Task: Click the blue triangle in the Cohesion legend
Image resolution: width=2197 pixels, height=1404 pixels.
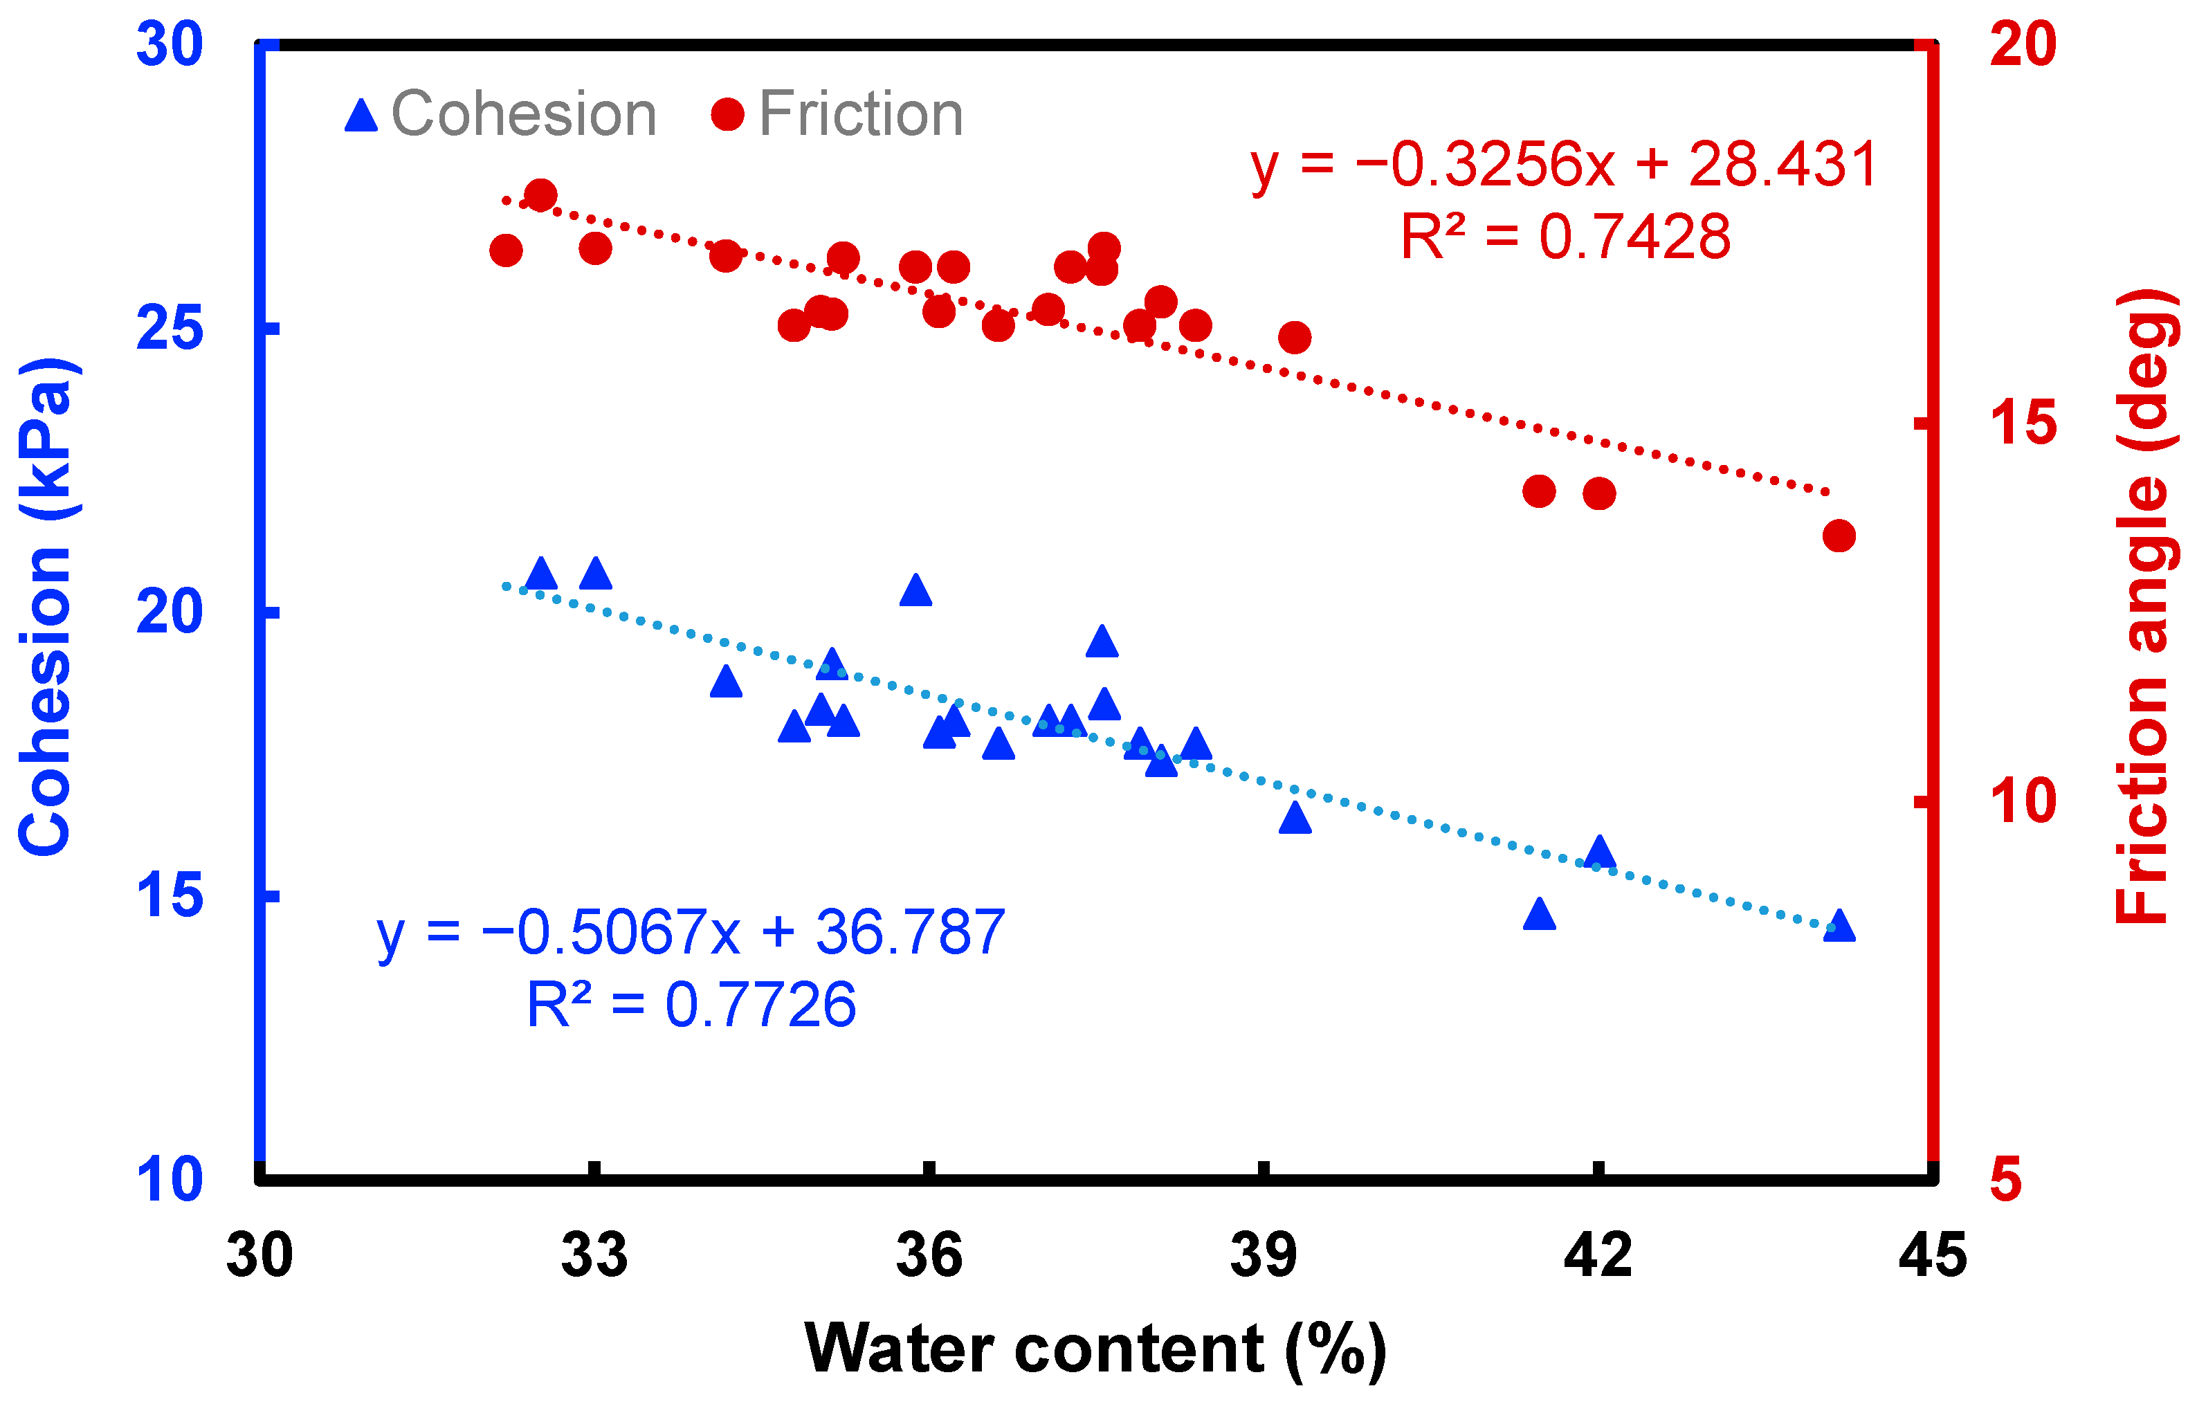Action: tap(361, 116)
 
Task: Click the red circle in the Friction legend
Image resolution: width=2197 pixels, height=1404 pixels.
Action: tap(727, 114)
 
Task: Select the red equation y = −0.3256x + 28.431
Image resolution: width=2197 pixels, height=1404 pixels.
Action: tap(1563, 165)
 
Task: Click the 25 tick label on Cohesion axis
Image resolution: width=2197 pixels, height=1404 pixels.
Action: tap(169, 329)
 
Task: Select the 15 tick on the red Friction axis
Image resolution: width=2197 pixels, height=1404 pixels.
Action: tap(2023, 423)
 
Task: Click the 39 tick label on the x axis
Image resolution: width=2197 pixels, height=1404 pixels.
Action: tap(1263, 1255)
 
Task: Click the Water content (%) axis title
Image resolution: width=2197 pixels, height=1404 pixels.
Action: tap(1095, 1349)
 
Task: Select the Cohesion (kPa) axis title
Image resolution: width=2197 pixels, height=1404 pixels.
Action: tap(46, 607)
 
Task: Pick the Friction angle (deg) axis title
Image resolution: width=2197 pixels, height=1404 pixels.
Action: tap(2144, 607)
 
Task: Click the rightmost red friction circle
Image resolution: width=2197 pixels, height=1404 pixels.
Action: tap(1839, 536)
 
